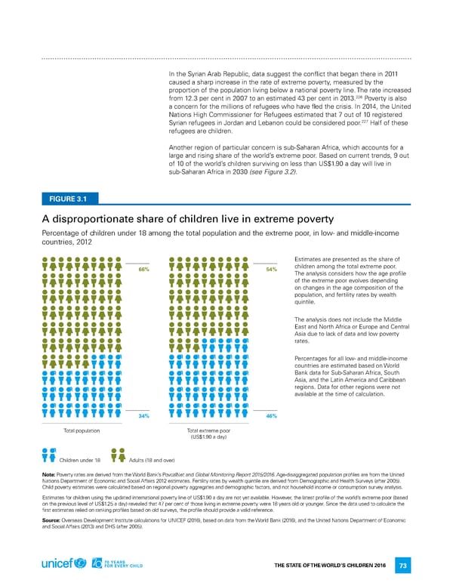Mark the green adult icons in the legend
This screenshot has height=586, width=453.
(119, 455)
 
